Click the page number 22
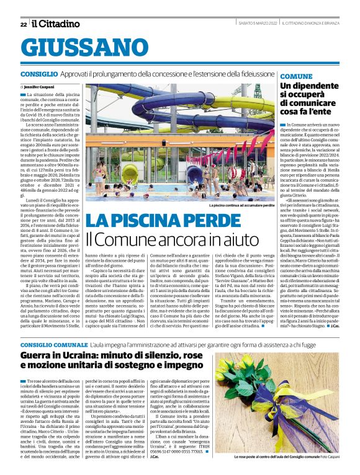point(23,24)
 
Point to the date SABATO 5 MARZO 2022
point(258,24)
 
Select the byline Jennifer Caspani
point(38,87)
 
